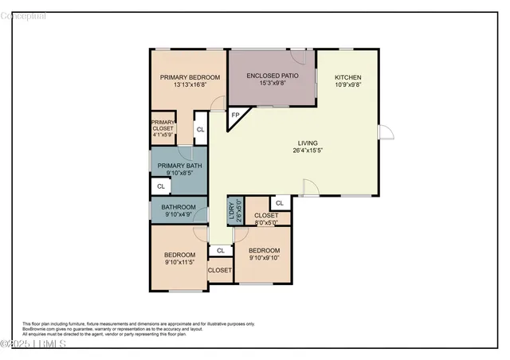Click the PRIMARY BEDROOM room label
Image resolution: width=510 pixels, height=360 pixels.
pyautogui.click(x=189, y=77)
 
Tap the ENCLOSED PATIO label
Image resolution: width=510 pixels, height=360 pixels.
pyautogui.click(x=272, y=76)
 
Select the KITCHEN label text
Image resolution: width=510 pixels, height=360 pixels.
pyautogui.click(x=347, y=77)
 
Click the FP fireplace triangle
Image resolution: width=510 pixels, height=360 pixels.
pyautogui.click(x=235, y=116)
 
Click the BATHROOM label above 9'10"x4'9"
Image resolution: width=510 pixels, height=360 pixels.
pyautogui.click(x=179, y=207)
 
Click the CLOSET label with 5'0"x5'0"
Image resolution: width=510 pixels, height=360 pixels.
pyautogui.click(x=266, y=216)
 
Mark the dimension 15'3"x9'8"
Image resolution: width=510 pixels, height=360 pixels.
pyautogui.click(x=272, y=83)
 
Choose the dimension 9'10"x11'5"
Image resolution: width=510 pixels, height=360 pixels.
pyautogui.click(x=179, y=262)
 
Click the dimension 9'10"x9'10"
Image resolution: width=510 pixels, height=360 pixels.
pyautogui.click(x=264, y=257)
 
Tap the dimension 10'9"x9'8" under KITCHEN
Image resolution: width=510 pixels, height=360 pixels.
pyautogui.click(x=347, y=84)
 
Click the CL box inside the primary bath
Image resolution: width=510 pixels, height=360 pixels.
pyautogui.click(x=160, y=186)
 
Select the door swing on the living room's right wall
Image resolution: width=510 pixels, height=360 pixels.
pyautogui.click(x=386, y=131)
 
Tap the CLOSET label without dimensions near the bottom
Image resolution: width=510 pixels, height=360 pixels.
pyautogui.click(x=219, y=271)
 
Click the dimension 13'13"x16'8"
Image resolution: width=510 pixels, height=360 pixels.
pyautogui.click(x=189, y=84)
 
